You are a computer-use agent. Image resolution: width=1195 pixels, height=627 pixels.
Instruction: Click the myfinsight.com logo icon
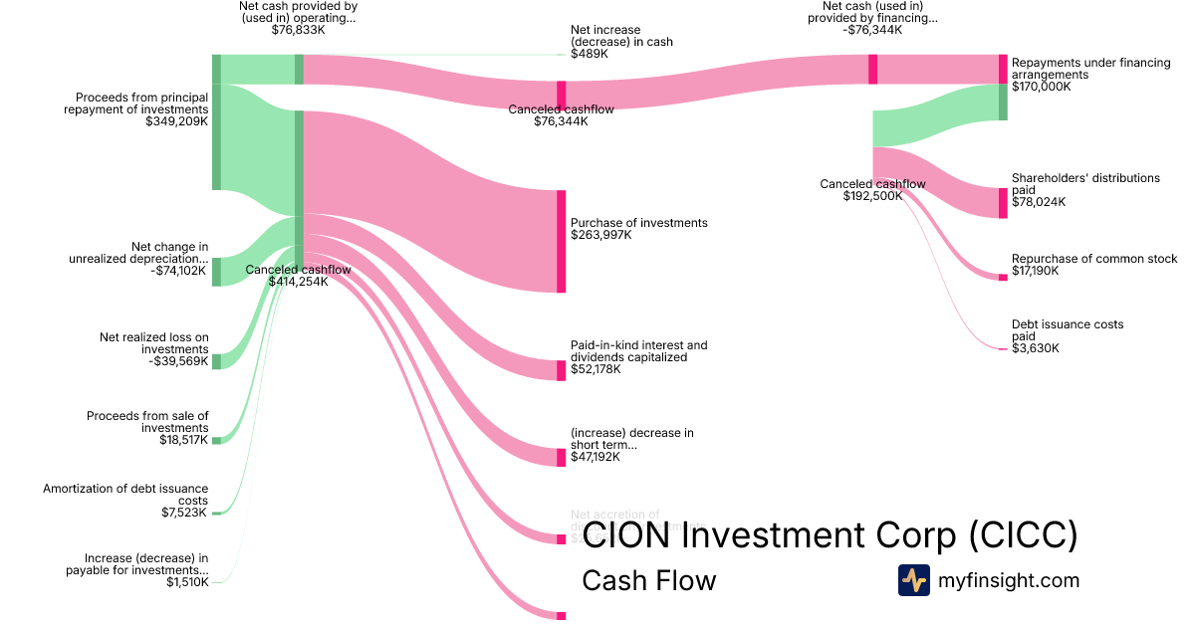pyautogui.click(x=913, y=579)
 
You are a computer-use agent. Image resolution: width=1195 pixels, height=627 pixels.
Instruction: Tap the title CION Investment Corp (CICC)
pyautogui.click(x=830, y=535)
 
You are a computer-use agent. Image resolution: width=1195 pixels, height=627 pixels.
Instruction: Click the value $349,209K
pyautogui.click(x=176, y=121)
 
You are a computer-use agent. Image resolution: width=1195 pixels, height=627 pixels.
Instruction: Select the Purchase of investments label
pyautogui.click(x=638, y=223)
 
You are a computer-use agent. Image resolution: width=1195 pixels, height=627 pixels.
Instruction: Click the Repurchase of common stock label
pyautogui.click(x=1094, y=259)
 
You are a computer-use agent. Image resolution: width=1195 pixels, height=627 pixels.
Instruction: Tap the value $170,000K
pyautogui.click(x=1041, y=87)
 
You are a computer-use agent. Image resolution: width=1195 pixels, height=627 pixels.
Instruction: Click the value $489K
pyautogui.click(x=589, y=54)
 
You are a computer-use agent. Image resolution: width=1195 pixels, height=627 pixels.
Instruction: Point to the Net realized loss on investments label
pyautogui.click(x=154, y=343)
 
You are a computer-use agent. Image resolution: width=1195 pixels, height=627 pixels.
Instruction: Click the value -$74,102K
pyautogui.click(x=179, y=270)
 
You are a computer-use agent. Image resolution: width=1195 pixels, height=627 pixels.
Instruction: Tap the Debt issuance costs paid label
pyautogui.click(x=1067, y=330)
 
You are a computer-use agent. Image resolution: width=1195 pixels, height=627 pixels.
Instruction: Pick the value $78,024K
pyautogui.click(x=1038, y=201)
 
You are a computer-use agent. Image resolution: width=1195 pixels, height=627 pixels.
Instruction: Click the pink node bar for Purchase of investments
pyautogui.click(x=561, y=241)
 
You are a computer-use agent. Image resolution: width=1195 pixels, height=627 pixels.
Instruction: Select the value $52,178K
pyautogui.click(x=596, y=369)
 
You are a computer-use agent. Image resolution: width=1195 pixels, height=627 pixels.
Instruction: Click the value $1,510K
pyautogui.click(x=188, y=582)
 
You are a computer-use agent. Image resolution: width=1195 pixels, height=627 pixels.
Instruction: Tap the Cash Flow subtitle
pyautogui.click(x=648, y=580)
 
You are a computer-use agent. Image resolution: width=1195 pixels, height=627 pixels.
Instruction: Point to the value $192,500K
pyautogui.click(x=872, y=196)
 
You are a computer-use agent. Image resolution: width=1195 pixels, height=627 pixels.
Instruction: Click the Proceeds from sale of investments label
pyautogui.click(x=147, y=422)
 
